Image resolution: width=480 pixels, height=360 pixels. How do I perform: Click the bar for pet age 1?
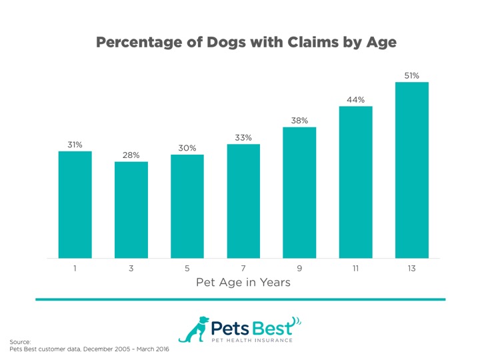click(x=75, y=205)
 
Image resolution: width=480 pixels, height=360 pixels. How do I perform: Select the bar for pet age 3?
click(x=131, y=210)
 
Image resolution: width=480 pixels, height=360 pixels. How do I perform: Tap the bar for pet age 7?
click(x=243, y=201)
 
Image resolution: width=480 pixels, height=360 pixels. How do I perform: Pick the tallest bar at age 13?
click(x=411, y=170)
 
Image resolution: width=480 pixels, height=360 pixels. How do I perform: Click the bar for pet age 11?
click(x=355, y=182)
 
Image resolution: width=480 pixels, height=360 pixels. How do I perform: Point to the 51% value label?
click(x=411, y=76)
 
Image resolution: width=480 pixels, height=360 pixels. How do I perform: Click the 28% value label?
click(x=131, y=155)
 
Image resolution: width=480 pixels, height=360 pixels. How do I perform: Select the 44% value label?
click(x=355, y=100)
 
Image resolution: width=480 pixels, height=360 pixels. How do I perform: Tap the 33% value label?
click(x=243, y=138)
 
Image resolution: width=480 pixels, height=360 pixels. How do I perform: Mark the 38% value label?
click(x=299, y=121)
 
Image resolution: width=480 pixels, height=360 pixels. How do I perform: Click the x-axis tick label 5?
click(x=187, y=268)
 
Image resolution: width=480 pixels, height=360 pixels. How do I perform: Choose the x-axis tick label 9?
click(x=299, y=268)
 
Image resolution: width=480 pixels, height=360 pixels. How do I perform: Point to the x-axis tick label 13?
click(x=411, y=268)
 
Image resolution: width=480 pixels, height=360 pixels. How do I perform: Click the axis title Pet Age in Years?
click(x=243, y=283)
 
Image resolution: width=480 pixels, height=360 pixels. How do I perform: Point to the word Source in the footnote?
click(x=20, y=341)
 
